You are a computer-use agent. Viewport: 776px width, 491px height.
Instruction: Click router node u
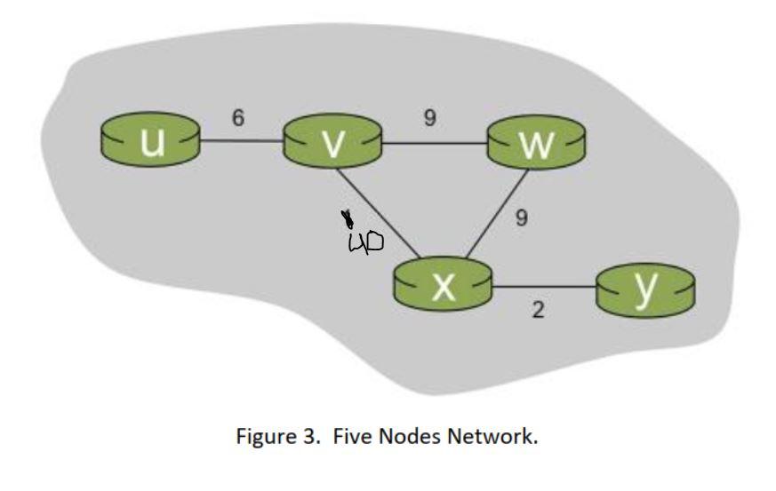150,142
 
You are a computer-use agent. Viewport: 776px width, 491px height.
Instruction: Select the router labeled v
332,142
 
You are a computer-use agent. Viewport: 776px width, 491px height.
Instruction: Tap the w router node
537,142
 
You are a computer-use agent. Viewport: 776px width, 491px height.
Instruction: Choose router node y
646,288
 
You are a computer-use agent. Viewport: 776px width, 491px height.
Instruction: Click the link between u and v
241,141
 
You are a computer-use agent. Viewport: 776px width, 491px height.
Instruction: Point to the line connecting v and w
435,141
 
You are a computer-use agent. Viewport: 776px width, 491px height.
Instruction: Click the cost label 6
238,118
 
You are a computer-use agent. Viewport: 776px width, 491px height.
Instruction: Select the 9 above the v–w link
429,118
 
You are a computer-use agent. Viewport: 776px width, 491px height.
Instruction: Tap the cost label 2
538,310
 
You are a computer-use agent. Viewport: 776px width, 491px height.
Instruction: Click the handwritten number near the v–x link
365,241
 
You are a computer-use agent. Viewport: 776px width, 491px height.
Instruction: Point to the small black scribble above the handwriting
347,218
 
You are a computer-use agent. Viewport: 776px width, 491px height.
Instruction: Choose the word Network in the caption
491,436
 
